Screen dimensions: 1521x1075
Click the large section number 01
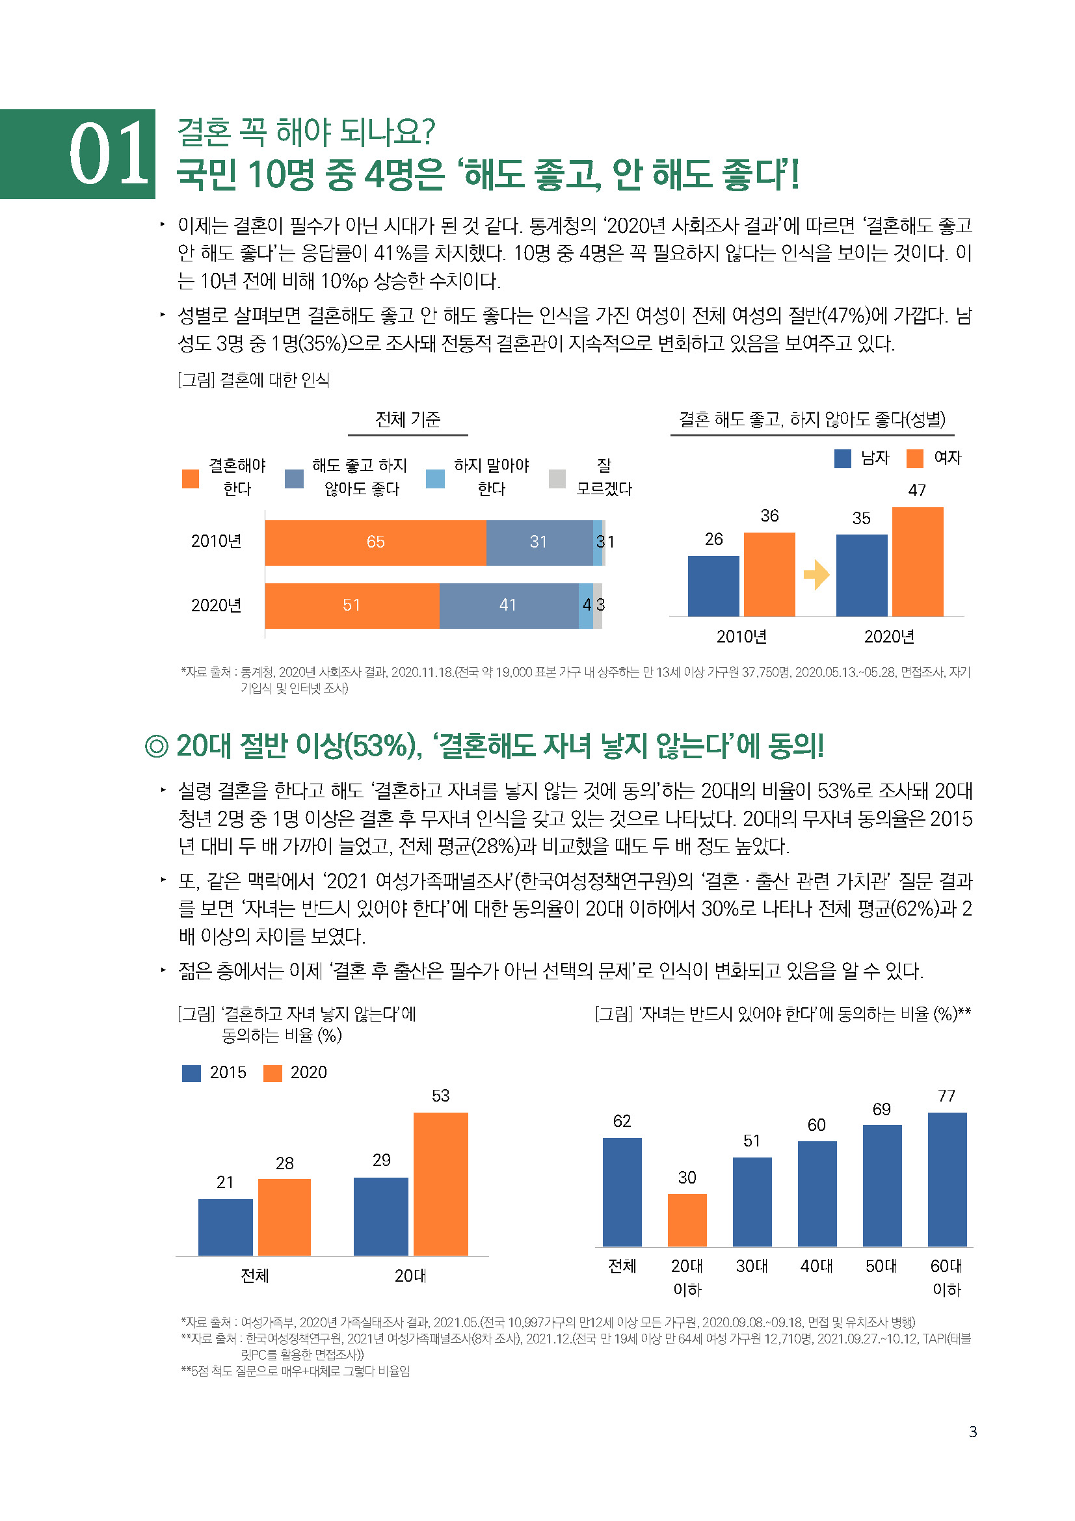109,154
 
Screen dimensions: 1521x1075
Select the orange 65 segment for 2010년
375,542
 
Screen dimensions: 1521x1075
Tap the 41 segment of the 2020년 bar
508,605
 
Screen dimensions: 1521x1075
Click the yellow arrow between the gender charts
816,575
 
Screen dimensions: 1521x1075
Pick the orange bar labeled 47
918,562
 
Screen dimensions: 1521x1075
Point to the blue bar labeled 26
713,587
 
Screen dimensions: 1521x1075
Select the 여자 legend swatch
915,458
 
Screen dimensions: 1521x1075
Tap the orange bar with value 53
440,1184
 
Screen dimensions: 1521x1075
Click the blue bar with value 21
225,1227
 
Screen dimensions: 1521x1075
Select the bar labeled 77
946,1180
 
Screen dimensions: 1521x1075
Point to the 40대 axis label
816,1266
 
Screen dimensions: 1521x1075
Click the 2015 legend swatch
191,1073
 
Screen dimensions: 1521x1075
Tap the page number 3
972,1431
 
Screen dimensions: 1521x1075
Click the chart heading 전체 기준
408,419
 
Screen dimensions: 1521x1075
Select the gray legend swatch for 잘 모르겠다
557,479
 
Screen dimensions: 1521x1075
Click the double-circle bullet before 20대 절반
157,747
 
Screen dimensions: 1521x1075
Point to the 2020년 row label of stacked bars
216,605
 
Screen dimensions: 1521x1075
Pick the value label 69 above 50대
881,1109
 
